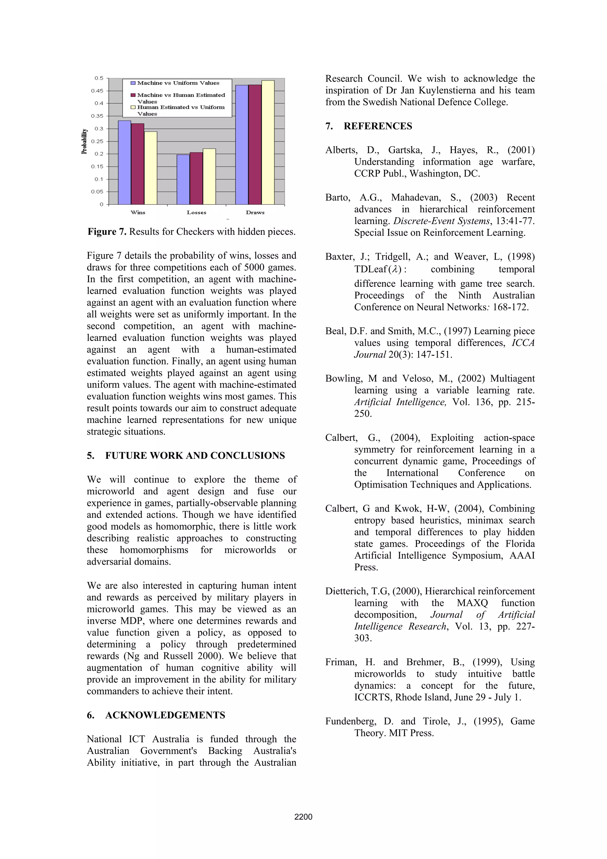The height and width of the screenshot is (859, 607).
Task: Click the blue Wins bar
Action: click(x=124, y=162)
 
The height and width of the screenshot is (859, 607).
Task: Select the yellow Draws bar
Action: click(x=268, y=142)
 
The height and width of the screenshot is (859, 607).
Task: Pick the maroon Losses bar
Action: click(x=196, y=178)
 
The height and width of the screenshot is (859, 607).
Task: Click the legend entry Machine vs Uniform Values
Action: click(x=178, y=83)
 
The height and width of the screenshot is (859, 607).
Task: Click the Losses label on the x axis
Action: click(x=196, y=213)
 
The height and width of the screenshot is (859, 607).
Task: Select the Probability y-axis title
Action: click(x=84, y=141)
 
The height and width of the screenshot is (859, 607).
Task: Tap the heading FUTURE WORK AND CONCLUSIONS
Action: click(x=195, y=455)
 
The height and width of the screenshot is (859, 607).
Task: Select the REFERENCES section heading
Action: click(x=378, y=126)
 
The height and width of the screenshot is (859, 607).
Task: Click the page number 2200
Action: click(x=303, y=817)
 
